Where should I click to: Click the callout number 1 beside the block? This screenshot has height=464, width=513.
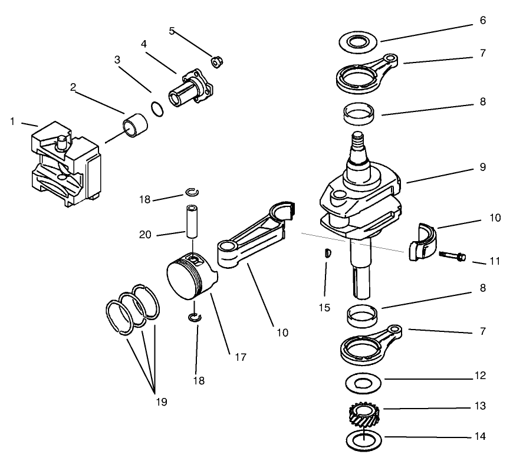click(12, 121)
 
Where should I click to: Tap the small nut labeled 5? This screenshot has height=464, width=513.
click(216, 60)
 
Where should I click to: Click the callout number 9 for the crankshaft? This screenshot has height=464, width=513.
click(482, 167)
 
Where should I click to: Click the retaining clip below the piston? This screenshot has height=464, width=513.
click(195, 318)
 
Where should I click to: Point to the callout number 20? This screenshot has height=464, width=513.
click(145, 235)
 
